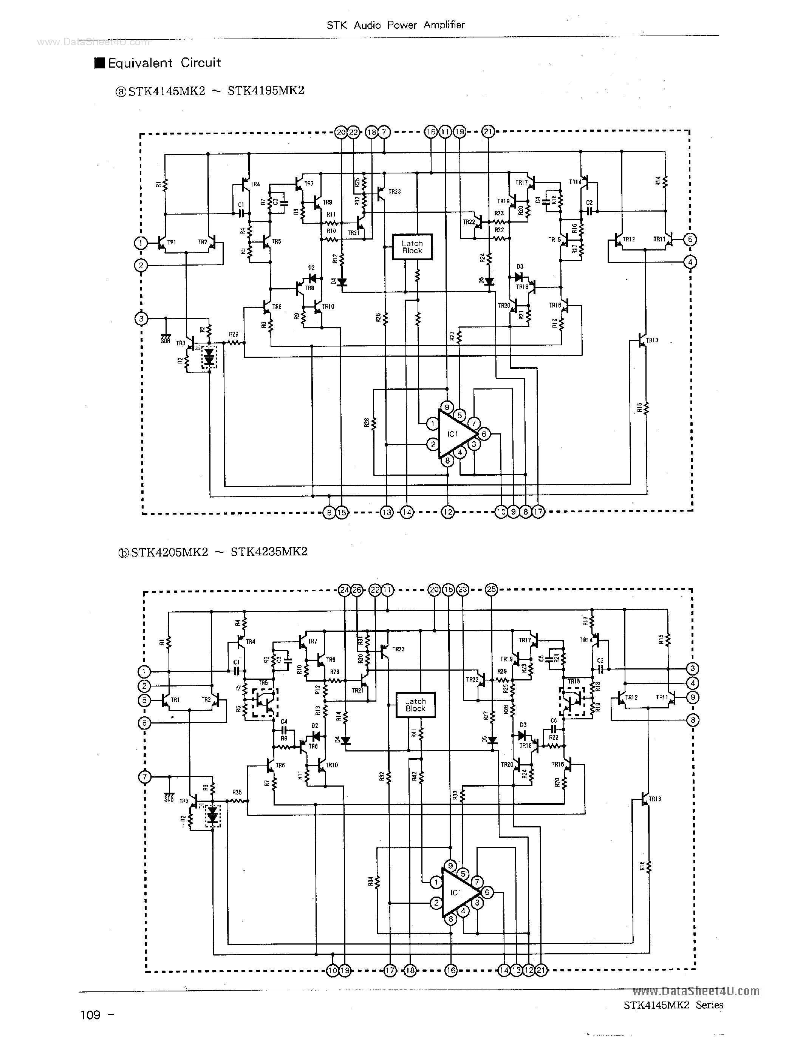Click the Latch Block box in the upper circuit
click(x=412, y=247)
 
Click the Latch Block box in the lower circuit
click(x=415, y=705)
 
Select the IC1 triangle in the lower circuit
click(x=457, y=892)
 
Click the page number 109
click(x=90, y=1015)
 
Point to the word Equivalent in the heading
click(x=140, y=63)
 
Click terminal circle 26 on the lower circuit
click(x=357, y=590)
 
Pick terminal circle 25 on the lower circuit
click(x=491, y=589)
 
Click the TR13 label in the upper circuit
click(x=652, y=340)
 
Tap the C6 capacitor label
click(x=553, y=721)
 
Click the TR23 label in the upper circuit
click(x=395, y=191)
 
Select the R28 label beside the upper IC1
click(x=366, y=422)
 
